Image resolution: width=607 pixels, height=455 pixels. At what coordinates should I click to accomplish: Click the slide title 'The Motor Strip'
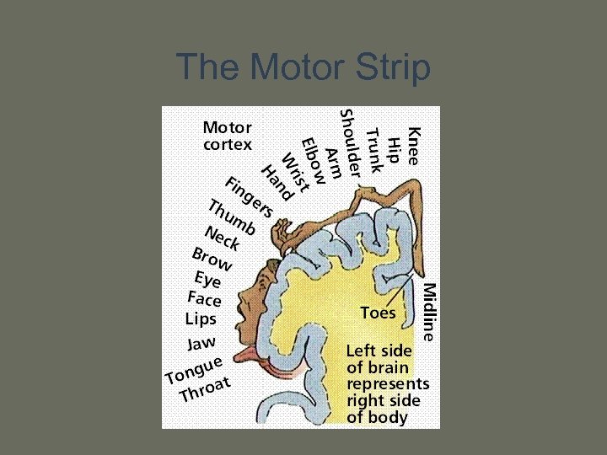[x=303, y=67]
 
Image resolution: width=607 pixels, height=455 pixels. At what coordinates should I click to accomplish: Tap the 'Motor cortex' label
[x=227, y=136]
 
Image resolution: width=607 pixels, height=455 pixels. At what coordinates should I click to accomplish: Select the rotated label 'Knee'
[x=414, y=145]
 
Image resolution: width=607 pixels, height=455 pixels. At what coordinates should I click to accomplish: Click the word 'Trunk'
[x=375, y=150]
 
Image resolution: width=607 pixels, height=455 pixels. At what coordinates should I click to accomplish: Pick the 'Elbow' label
[x=312, y=160]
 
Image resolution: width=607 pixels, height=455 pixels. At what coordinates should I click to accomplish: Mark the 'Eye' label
[x=207, y=279]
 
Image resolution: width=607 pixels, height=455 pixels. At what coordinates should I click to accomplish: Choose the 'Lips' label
[x=201, y=319]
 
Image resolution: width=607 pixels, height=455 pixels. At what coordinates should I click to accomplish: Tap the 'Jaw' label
[x=201, y=343]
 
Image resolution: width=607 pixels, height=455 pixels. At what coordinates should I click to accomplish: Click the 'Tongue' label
[x=194, y=369]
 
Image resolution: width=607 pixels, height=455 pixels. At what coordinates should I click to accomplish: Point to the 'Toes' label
[x=377, y=313]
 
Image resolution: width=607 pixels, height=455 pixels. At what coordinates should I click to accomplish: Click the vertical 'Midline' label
[x=429, y=311]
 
